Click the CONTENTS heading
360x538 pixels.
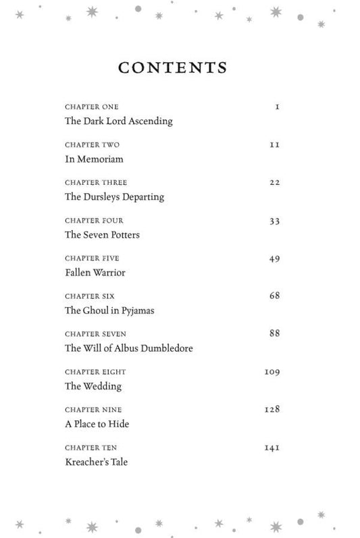pyautogui.click(x=172, y=68)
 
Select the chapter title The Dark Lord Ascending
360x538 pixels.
pyautogui.click(x=119, y=122)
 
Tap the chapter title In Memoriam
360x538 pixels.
pyautogui.click(x=94, y=159)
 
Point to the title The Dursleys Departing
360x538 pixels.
pyautogui.click(x=114, y=197)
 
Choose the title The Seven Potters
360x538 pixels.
pyautogui.click(x=102, y=235)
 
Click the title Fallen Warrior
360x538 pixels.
pyautogui.click(x=95, y=273)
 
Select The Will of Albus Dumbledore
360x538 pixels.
pyautogui.click(x=129, y=348)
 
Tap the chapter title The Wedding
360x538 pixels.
pyautogui.click(x=93, y=386)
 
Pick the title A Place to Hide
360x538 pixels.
pyautogui.click(x=97, y=424)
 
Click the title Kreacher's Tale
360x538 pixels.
pyautogui.click(x=96, y=462)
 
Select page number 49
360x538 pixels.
pyautogui.click(x=274, y=259)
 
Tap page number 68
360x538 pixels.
pyautogui.click(x=274, y=296)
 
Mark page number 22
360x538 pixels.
pyautogui.click(x=274, y=183)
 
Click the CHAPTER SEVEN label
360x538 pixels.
pyautogui.click(x=95, y=334)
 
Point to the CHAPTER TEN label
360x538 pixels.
pyautogui.click(x=91, y=448)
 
